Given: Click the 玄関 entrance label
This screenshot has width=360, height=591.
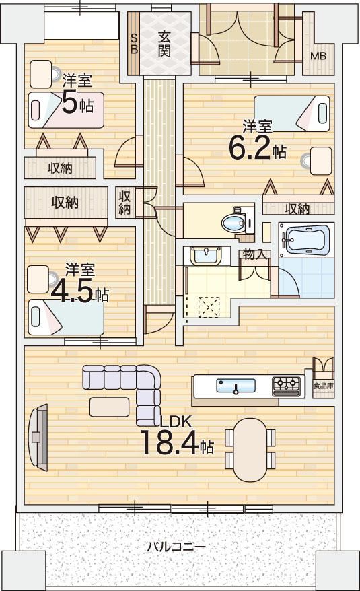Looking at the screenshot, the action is pyautogui.click(x=164, y=44).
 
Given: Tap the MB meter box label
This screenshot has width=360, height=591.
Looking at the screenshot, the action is pyautogui.click(x=318, y=56).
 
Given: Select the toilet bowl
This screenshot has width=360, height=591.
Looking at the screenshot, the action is pyautogui.click(x=233, y=222).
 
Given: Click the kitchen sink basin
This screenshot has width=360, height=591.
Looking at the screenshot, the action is pyautogui.click(x=236, y=386).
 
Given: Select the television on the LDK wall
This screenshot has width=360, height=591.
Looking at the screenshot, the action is pyautogui.click(x=38, y=437).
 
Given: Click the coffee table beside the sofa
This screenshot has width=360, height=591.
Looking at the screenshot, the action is pyautogui.click(x=109, y=407).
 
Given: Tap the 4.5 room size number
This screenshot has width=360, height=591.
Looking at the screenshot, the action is pyautogui.click(x=72, y=293).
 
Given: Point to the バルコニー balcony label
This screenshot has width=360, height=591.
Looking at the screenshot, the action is pyautogui.click(x=176, y=546).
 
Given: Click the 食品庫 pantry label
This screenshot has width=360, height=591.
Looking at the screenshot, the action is pyautogui.click(x=323, y=386).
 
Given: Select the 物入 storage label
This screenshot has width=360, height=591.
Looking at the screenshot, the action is pyautogui.click(x=255, y=254).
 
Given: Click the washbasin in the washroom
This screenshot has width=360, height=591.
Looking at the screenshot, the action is pyautogui.click(x=205, y=256).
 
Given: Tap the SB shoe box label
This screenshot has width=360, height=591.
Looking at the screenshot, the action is pyautogui.click(x=133, y=43).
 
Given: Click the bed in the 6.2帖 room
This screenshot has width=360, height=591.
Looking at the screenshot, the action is pyautogui.click(x=291, y=114).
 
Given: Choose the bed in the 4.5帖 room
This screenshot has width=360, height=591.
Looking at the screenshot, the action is pyautogui.click(x=65, y=316).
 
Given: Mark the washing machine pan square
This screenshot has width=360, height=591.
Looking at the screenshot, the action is pyautogui.click(x=209, y=307).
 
